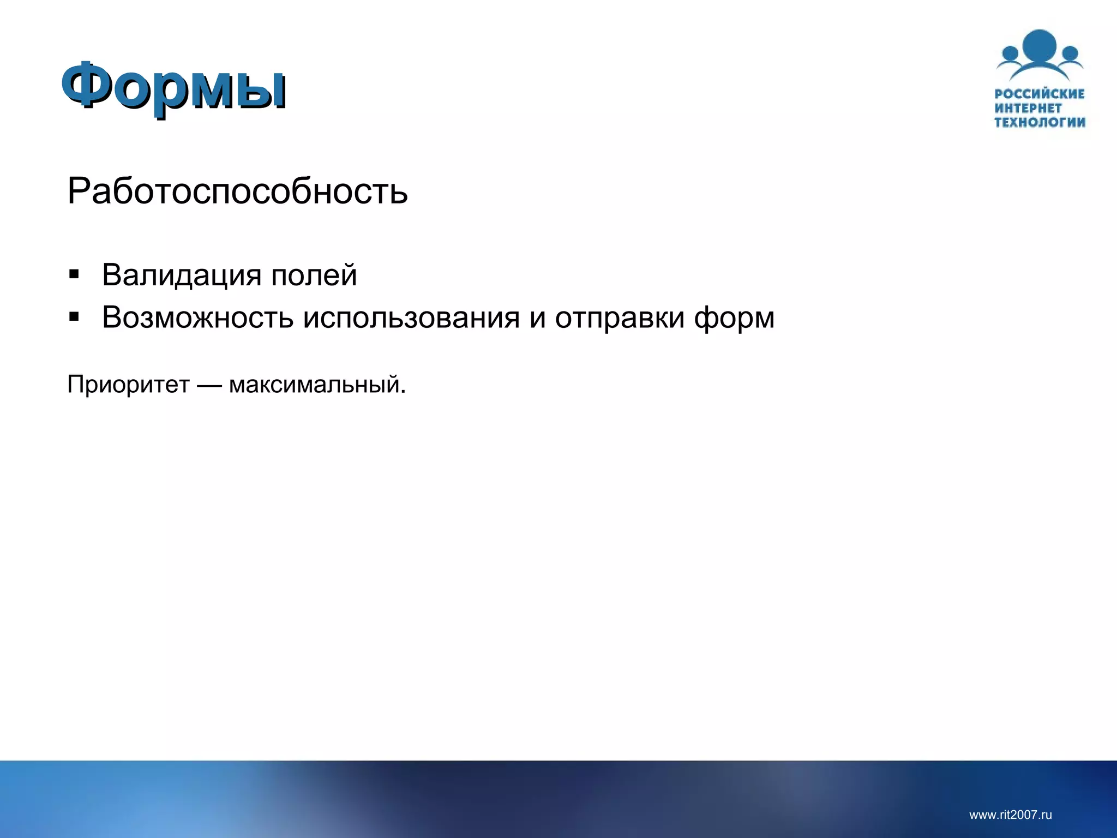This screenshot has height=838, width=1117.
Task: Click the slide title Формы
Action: (x=173, y=86)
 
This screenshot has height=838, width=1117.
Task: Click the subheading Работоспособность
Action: (x=237, y=191)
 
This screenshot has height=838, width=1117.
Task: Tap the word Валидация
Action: (x=182, y=275)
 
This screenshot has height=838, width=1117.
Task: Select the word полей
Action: (x=314, y=275)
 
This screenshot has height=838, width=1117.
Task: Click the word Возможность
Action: (x=197, y=318)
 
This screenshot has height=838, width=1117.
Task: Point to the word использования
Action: (x=411, y=318)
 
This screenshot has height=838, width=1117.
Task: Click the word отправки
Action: (x=620, y=318)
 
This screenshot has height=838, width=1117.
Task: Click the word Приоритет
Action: (x=128, y=385)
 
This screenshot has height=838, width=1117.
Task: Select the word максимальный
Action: (x=317, y=385)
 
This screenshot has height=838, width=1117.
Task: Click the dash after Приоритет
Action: (x=209, y=385)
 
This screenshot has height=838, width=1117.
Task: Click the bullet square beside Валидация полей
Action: (x=74, y=274)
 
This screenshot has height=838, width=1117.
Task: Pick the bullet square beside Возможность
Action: (x=74, y=316)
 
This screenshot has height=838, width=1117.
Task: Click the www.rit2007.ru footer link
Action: (x=1010, y=815)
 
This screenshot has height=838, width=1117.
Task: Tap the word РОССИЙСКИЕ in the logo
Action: (x=1040, y=94)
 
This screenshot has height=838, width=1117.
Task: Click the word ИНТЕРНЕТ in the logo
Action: (x=1028, y=108)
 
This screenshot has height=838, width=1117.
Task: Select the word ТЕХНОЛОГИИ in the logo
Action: (x=1040, y=122)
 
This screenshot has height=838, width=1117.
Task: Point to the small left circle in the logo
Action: (x=1010, y=53)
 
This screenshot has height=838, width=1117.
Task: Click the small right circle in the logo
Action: (x=1070, y=53)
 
